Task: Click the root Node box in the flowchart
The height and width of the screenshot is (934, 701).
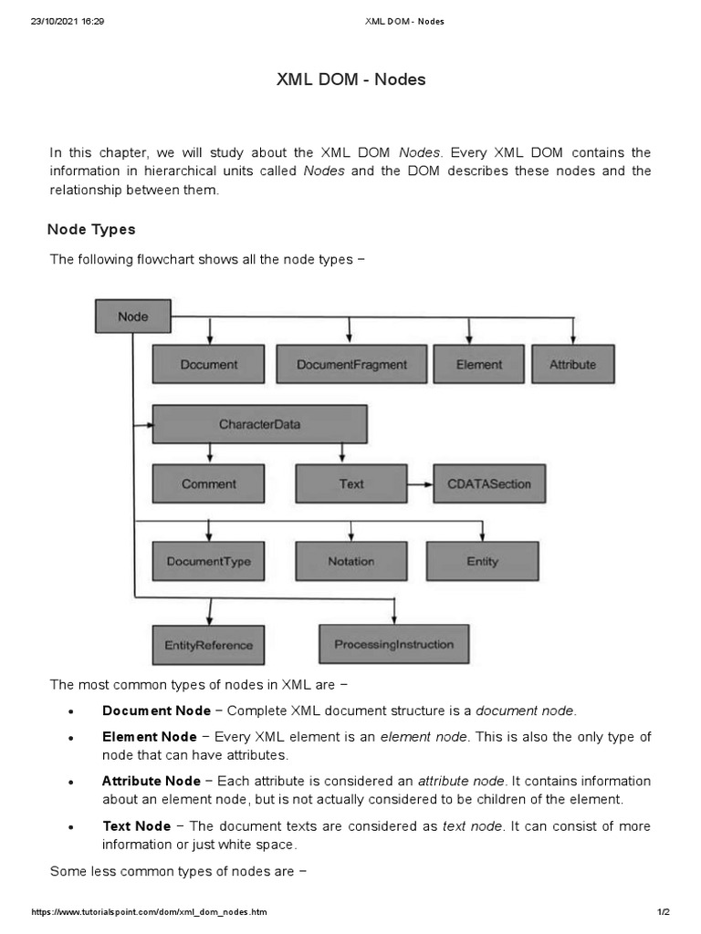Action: pyautogui.click(x=132, y=317)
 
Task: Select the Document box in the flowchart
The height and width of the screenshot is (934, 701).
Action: pyautogui.click(x=208, y=364)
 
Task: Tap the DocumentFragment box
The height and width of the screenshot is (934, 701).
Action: pyautogui.click(x=351, y=364)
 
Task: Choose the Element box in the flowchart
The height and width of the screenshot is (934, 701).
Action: pyautogui.click(x=479, y=364)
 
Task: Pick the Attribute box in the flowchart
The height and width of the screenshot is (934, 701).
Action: pyautogui.click(x=572, y=364)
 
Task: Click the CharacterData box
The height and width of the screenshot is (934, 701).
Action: pyautogui.click(x=259, y=424)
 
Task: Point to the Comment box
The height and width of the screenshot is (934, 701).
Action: pyautogui.click(x=208, y=483)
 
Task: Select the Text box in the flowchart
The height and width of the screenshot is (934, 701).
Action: pyautogui.click(x=351, y=483)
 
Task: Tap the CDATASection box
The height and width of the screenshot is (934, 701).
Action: pyautogui.click(x=489, y=483)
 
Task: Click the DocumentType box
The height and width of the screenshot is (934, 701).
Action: pyautogui.click(x=208, y=561)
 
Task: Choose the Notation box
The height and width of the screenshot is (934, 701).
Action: pyautogui.click(x=351, y=561)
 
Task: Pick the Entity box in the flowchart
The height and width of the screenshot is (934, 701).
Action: pyautogui.click(x=482, y=561)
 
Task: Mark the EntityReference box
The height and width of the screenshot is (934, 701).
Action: pyautogui.click(x=208, y=645)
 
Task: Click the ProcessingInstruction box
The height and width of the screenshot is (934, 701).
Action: pyautogui.click(x=393, y=644)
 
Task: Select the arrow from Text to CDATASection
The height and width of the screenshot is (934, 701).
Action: pyautogui.click(x=420, y=483)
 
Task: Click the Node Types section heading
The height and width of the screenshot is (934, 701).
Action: pyautogui.click(x=92, y=229)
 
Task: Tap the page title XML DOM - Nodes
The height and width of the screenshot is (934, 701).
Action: pyautogui.click(x=350, y=80)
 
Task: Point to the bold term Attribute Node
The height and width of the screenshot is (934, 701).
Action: pyautogui.click(x=151, y=781)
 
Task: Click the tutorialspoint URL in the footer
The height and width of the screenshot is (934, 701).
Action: pyautogui.click(x=150, y=912)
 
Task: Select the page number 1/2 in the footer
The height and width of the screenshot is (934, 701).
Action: pyautogui.click(x=663, y=912)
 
